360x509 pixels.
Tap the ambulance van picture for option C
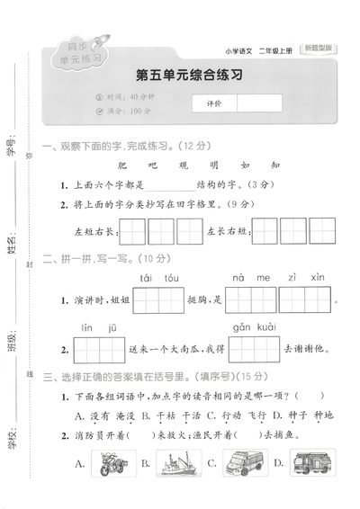(241, 465)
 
